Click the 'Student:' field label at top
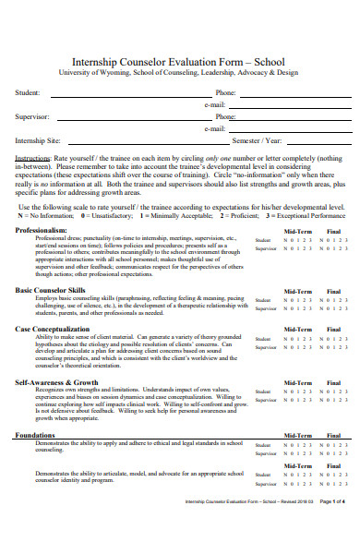click(x=28, y=93)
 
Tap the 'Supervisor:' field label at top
click(x=32, y=117)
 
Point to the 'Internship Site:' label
click(x=38, y=141)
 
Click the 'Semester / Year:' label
click(x=260, y=141)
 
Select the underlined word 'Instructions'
click(x=32, y=158)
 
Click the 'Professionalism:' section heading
click(x=42, y=229)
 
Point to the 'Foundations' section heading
click(x=35, y=435)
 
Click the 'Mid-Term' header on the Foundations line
click(x=296, y=435)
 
